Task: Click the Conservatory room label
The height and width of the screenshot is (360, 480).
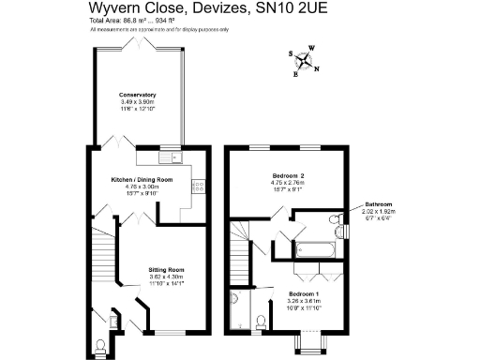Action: [137, 95]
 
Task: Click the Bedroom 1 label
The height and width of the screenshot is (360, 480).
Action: [304, 294]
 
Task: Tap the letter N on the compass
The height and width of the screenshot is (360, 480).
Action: [316, 68]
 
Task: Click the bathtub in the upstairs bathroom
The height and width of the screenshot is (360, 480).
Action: [312, 250]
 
